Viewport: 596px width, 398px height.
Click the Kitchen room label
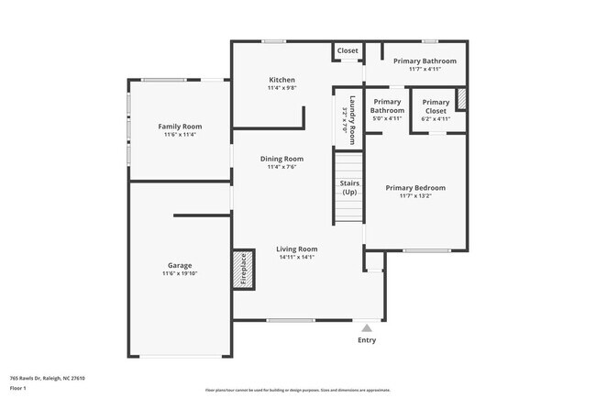click(x=281, y=80)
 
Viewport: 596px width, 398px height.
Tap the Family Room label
click(x=180, y=127)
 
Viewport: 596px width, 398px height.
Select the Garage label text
click(x=180, y=265)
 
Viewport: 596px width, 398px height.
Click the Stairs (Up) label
click(x=349, y=188)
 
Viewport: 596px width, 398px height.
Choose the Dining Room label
click(x=285, y=159)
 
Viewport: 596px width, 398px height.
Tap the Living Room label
click(x=297, y=249)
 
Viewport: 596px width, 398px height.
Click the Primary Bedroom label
click(x=415, y=187)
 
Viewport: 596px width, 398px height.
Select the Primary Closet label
click(x=436, y=106)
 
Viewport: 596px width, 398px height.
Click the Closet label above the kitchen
click(x=348, y=50)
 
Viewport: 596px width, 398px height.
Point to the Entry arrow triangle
click(x=367, y=326)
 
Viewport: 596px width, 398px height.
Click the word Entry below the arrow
click(x=367, y=340)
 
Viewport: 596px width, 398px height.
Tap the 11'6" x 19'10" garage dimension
click(x=180, y=273)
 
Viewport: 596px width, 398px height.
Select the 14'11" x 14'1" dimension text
click(x=297, y=257)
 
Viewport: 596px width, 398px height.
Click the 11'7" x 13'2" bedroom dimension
click(x=415, y=195)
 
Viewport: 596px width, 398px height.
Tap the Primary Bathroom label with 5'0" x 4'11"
click(x=387, y=106)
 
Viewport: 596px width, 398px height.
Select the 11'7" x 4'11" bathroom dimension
click(x=425, y=69)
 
